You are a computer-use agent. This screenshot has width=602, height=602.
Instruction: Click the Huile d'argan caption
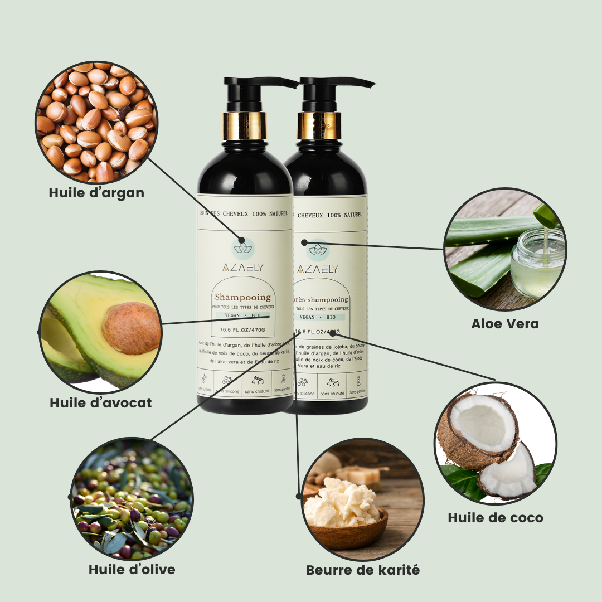coord(96,193)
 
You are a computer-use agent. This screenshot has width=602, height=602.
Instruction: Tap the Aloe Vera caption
coord(505,323)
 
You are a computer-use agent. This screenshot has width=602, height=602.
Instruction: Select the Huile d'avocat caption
coord(101,402)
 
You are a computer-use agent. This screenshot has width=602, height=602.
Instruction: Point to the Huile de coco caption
coord(496,518)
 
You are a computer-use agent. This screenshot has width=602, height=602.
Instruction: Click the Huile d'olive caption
coord(132,569)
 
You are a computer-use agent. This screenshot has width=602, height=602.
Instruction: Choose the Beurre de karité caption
coord(363,570)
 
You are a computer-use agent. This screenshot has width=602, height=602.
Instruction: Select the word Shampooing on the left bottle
coord(242,297)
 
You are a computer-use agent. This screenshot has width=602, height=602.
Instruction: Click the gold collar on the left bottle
coord(245,126)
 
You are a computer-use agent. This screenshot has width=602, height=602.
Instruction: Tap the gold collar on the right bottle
coord(319,126)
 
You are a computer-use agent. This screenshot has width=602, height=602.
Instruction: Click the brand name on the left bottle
coord(242,268)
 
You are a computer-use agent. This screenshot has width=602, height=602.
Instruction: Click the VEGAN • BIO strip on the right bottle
coord(318,317)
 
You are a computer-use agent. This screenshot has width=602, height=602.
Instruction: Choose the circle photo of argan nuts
coord(96,123)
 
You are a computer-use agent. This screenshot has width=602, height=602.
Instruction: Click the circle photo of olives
coord(133,498)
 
